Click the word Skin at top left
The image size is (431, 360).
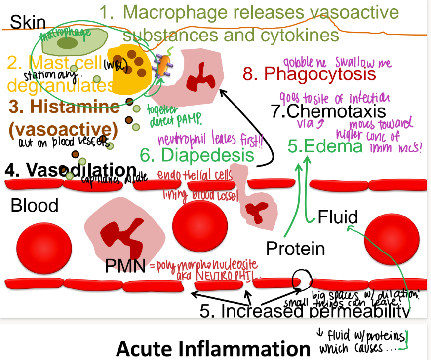28,22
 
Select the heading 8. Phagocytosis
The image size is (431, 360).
310,74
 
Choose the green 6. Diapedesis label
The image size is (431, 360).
197,155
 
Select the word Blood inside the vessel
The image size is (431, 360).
35,205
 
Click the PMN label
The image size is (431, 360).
125,266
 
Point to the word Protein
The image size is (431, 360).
295,249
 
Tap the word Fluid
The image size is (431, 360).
338,216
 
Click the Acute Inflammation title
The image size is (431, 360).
213,349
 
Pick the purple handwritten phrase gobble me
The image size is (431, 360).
306,63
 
